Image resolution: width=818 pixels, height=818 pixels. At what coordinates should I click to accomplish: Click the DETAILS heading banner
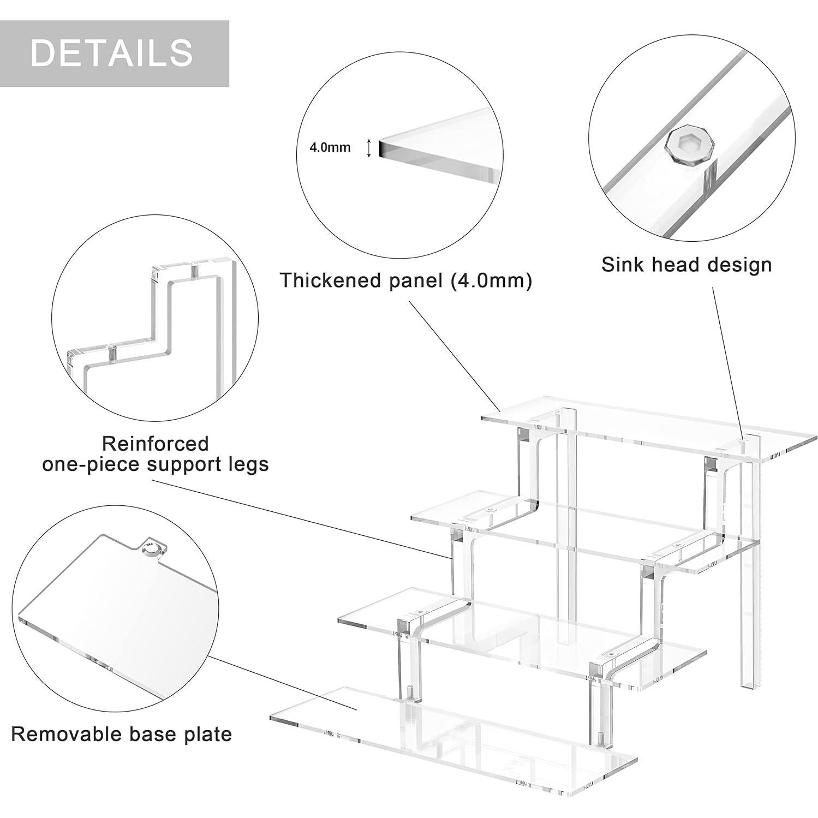114,53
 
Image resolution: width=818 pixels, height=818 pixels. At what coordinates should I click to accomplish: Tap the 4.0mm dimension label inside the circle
330,147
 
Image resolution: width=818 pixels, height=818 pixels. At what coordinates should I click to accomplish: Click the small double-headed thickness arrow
369,148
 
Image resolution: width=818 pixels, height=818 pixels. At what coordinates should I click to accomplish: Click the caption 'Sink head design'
686,265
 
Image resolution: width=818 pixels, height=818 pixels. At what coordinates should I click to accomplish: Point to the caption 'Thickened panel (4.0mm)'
405,280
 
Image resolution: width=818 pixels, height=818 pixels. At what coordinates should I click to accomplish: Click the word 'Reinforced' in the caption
156,443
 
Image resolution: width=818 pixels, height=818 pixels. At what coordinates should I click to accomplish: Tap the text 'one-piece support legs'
156,464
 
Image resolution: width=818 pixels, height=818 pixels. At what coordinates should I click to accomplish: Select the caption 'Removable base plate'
121,734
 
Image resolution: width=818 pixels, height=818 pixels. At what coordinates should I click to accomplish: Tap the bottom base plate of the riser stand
453,748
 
